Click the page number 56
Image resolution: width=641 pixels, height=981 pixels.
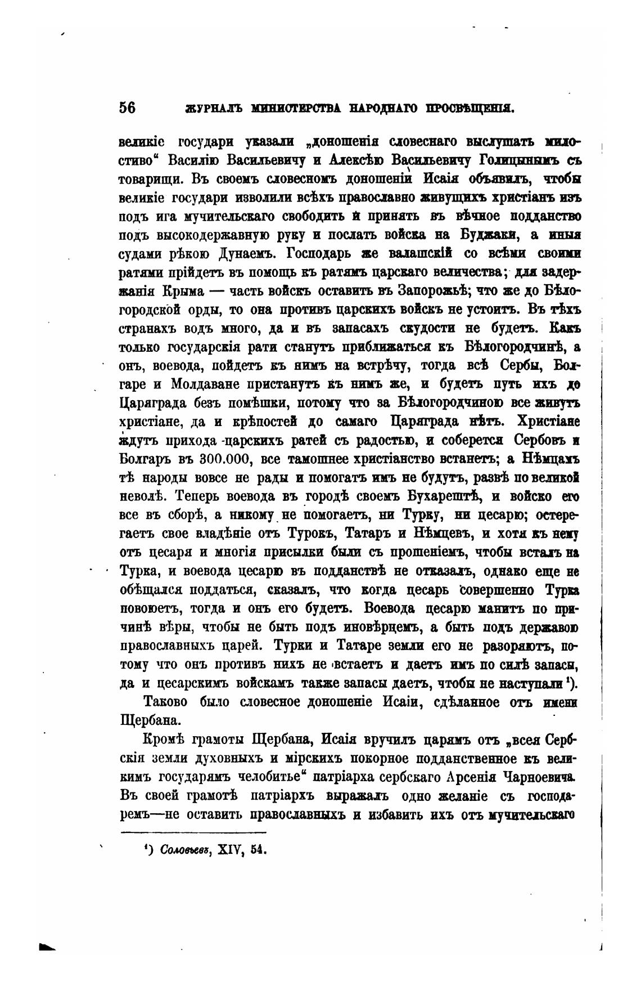point(127,108)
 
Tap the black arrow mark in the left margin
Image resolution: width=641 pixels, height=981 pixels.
point(48,947)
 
